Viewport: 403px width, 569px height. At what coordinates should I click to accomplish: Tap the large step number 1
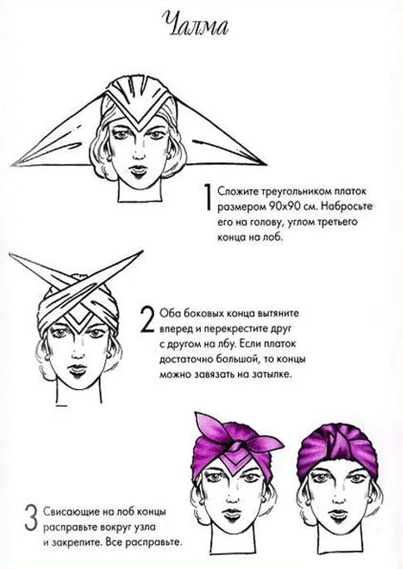point(207,197)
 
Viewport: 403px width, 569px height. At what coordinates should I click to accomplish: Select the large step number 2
point(147,320)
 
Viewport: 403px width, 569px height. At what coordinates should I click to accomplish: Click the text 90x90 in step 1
point(282,206)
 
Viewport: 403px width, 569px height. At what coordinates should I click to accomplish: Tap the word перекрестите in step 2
point(234,329)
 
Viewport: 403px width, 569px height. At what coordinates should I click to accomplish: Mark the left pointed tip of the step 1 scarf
point(12,165)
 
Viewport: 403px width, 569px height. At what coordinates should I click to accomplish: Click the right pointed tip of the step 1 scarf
point(266,164)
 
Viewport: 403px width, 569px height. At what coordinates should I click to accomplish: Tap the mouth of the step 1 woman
point(138,169)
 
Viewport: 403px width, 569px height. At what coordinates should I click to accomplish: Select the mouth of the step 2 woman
point(77,369)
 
